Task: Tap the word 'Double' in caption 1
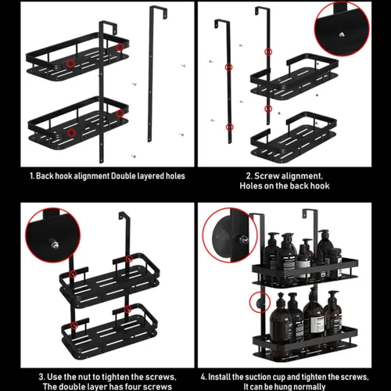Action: [x=124, y=176]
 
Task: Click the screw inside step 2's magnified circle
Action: [x=341, y=34]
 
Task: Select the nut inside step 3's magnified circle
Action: [x=54, y=244]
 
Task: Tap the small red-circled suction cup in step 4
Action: [x=260, y=303]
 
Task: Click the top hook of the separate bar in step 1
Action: [x=159, y=12]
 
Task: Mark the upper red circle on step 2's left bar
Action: [x=228, y=67]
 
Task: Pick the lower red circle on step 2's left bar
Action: [x=229, y=127]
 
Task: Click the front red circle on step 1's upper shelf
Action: [x=70, y=63]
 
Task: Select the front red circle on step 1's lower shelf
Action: [x=71, y=132]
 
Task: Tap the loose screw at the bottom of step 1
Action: [x=134, y=156]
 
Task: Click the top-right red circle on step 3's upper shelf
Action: [x=128, y=259]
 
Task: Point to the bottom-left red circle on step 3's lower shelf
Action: [x=74, y=325]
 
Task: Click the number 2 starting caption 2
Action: [x=249, y=176]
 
